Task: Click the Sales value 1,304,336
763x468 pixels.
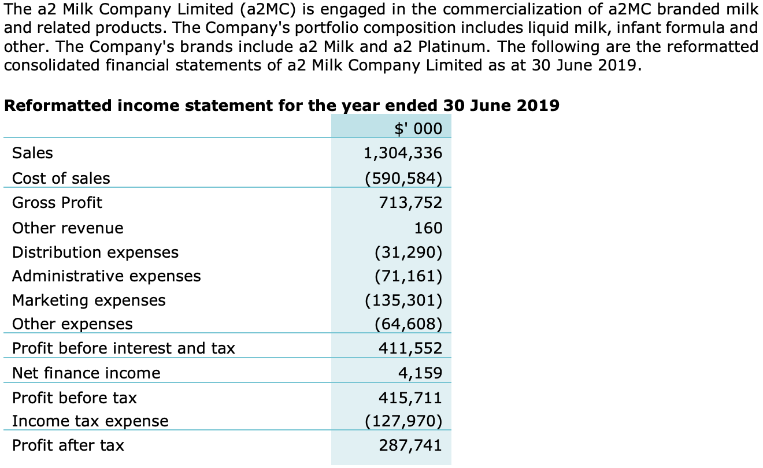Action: click(x=402, y=153)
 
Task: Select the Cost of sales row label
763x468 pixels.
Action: click(x=61, y=179)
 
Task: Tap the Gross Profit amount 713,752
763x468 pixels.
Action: click(x=410, y=203)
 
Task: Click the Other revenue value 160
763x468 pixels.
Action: click(x=428, y=228)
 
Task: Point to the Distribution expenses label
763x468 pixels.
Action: click(x=95, y=252)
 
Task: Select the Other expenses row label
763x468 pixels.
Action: click(x=72, y=324)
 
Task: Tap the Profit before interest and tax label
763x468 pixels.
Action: click(x=124, y=348)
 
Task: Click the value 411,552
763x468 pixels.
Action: click(x=410, y=348)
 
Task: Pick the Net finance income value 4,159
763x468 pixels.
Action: click(x=420, y=373)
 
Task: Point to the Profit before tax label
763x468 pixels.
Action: click(x=75, y=398)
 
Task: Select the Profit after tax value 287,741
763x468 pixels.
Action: click(x=410, y=445)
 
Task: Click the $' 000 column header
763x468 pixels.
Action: click(x=418, y=128)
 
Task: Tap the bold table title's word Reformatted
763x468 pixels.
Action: click(x=54, y=106)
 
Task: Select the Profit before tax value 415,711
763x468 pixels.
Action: click(x=410, y=398)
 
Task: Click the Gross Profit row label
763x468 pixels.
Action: click(x=57, y=203)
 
